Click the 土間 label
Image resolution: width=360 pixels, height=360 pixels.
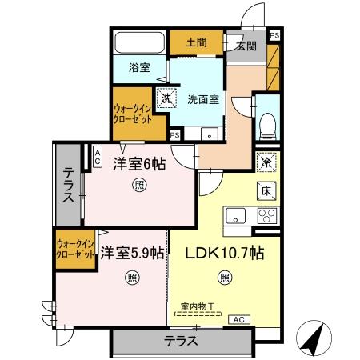tap(196, 42)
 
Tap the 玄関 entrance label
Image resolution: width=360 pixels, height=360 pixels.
tap(245, 45)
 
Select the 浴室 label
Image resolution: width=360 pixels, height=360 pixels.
tap(139, 68)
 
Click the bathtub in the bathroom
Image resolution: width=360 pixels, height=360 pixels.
tap(139, 43)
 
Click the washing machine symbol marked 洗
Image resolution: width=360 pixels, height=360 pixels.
tap(166, 99)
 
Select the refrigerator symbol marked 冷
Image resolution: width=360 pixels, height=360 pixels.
tap(266, 161)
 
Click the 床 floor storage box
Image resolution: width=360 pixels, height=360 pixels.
tap(266, 190)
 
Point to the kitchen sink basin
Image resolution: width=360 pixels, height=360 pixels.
tap(237, 214)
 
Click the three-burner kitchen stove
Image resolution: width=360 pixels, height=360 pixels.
tap(265, 215)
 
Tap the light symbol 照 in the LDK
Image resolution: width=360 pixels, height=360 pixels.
tap(225, 278)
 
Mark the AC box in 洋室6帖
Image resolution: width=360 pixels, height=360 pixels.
tap(98, 156)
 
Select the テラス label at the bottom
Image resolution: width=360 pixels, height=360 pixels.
tap(181, 341)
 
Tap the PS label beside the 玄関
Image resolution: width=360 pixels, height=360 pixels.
tap(274, 35)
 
